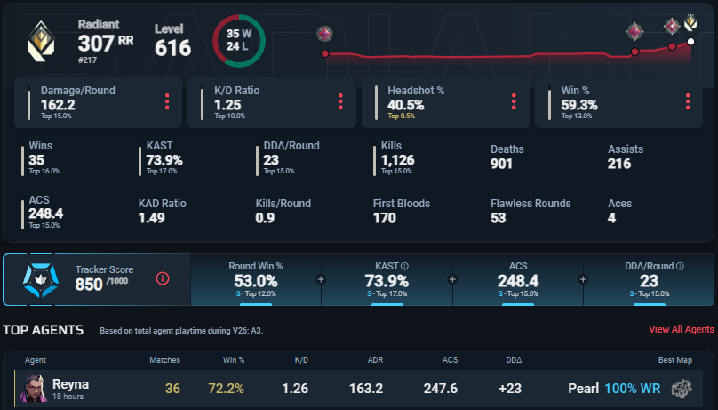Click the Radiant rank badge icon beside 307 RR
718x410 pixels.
pos(41,41)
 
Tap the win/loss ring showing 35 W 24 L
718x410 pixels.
pos(214,41)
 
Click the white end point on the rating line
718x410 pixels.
pos(690,42)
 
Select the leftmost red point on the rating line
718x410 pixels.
pos(325,53)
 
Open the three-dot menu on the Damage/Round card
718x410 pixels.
pos(167,101)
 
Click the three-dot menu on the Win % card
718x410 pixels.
pos(688,101)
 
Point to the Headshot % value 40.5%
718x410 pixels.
pos(406,105)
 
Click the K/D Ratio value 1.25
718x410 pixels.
pos(227,105)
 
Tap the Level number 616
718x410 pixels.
pos(172,48)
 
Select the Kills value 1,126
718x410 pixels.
pos(397,160)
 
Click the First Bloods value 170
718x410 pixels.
pos(384,218)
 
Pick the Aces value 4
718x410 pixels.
pos(611,218)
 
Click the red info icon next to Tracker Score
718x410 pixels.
pos(163,278)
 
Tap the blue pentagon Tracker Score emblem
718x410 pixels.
pos(41,279)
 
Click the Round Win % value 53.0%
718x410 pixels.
pos(256,281)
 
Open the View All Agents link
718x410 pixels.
pos(682,329)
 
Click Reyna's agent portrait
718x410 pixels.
pos(34,389)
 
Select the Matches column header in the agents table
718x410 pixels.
pos(165,360)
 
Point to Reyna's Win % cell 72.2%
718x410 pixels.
pos(227,389)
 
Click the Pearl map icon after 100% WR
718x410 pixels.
pos(682,389)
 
